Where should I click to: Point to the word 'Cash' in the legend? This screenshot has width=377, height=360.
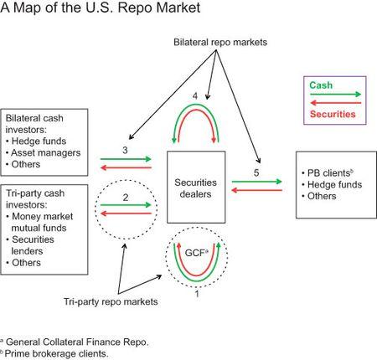pos(319,85)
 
